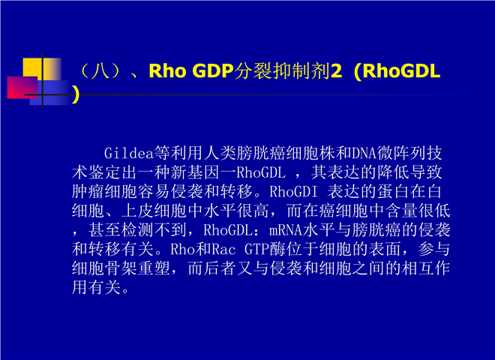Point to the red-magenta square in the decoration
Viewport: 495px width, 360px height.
coord(22,87)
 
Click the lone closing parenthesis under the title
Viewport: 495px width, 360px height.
coord(76,94)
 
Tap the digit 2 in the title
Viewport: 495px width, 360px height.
coord(336,70)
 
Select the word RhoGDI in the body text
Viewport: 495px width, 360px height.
coord(293,192)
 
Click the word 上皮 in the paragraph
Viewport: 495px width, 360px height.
coord(137,211)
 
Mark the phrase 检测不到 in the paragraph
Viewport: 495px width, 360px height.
coord(154,230)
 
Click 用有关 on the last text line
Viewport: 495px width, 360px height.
coord(96,288)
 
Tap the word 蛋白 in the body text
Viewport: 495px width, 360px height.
coord(392,192)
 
